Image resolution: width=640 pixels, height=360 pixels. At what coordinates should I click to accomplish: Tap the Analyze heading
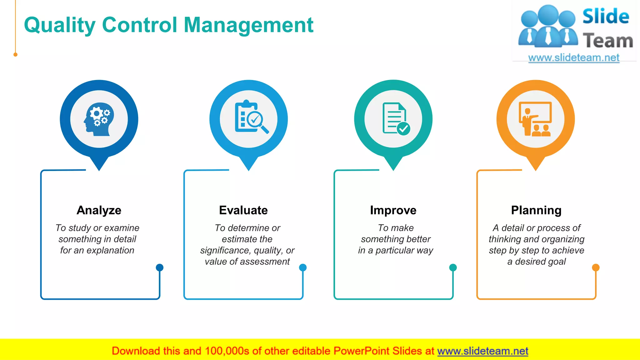[99, 210]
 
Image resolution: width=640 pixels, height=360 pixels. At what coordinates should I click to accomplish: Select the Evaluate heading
[243, 210]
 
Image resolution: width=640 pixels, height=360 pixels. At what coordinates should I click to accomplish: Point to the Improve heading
[393, 210]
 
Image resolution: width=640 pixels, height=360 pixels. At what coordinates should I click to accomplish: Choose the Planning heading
[536, 210]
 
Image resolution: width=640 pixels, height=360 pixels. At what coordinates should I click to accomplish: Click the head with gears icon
[99, 119]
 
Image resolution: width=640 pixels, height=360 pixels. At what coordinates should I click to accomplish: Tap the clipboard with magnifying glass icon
[250, 117]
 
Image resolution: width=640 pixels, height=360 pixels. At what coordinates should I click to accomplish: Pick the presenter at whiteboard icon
[535, 119]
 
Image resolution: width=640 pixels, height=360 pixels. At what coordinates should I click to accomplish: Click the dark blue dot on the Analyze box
[159, 267]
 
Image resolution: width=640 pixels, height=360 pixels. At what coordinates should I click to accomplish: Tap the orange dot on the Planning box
[596, 267]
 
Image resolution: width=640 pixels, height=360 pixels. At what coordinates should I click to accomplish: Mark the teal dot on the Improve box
[453, 267]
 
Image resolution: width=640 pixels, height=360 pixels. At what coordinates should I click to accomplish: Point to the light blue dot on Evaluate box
[303, 267]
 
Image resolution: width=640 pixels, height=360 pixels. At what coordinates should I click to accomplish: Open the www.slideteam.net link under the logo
[574, 57]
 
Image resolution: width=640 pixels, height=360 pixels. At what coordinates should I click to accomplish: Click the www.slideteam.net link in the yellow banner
[482, 351]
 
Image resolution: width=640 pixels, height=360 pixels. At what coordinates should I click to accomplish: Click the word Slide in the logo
[606, 16]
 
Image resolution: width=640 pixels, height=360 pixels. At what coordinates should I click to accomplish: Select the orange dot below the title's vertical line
[15, 55]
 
